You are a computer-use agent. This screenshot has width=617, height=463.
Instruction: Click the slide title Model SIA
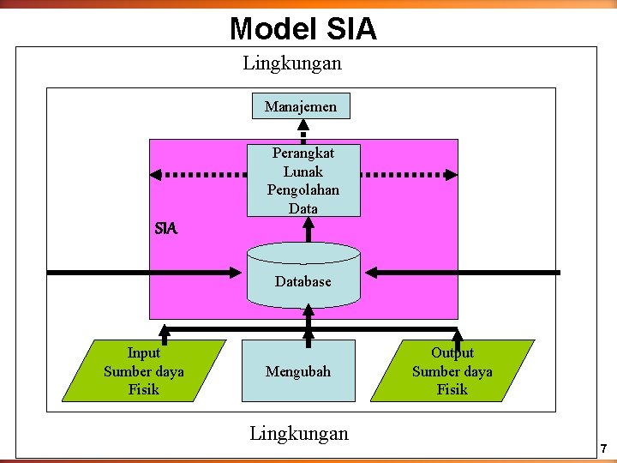point(303,29)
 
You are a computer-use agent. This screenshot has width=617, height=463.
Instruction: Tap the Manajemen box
point(301,106)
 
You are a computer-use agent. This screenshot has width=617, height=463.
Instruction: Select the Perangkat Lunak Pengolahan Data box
point(303,180)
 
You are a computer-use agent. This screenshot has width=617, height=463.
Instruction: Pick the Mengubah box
point(297,371)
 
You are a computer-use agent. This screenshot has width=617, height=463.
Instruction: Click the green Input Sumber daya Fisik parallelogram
point(143,371)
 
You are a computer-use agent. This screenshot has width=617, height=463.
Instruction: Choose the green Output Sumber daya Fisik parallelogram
point(452,371)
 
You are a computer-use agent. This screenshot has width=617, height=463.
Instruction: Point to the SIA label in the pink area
point(166,229)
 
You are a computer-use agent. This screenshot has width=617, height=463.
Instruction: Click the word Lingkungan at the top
point(292,63)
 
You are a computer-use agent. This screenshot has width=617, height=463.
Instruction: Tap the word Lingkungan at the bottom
point(299,433)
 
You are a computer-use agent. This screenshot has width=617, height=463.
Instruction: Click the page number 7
point(603,448)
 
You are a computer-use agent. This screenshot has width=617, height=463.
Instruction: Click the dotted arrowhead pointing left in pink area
point(156,174)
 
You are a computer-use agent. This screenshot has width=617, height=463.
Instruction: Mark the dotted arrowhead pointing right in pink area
point(452,174)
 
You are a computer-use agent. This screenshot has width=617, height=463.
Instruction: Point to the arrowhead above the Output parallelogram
point(457,334)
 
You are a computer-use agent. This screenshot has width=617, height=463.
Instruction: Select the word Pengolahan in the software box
point(303,189)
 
